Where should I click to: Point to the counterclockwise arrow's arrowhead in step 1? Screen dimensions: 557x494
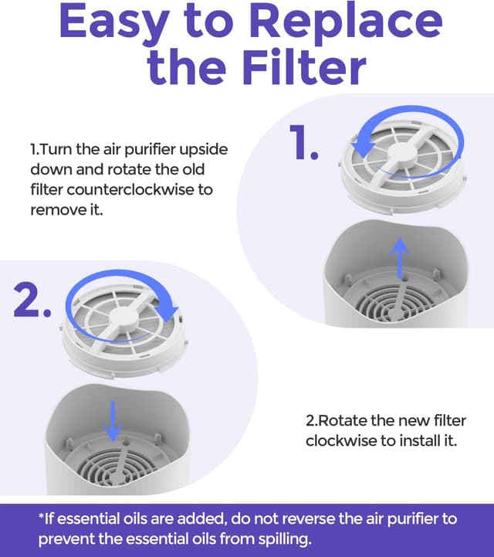pyautogui.click(x=360, y=147)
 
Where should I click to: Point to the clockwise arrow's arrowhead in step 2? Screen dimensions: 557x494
pyautogui.click(x=167, y=313)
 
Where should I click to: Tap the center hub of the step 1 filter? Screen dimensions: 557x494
pyautogui.click(x=401, y=151)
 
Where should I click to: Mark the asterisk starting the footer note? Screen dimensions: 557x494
pyautogui.click(x=41, y=515)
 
